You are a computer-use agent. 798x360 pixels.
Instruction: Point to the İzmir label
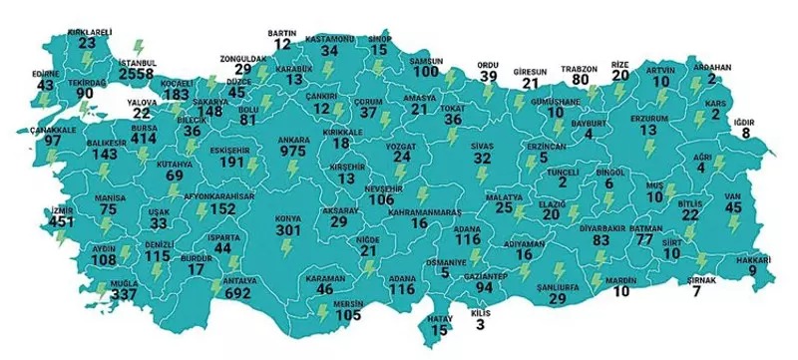pos(62,211)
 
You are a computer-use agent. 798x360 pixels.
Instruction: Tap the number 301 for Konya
pos(288,231)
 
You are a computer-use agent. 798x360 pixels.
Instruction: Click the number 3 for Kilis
pos(481,323)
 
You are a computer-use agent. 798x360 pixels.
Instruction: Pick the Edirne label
pos(45,73)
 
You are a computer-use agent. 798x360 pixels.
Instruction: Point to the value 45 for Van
pos(733,207)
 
